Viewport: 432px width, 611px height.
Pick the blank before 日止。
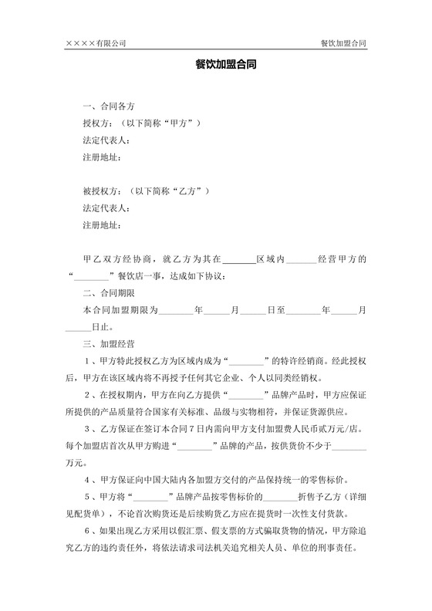78,326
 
